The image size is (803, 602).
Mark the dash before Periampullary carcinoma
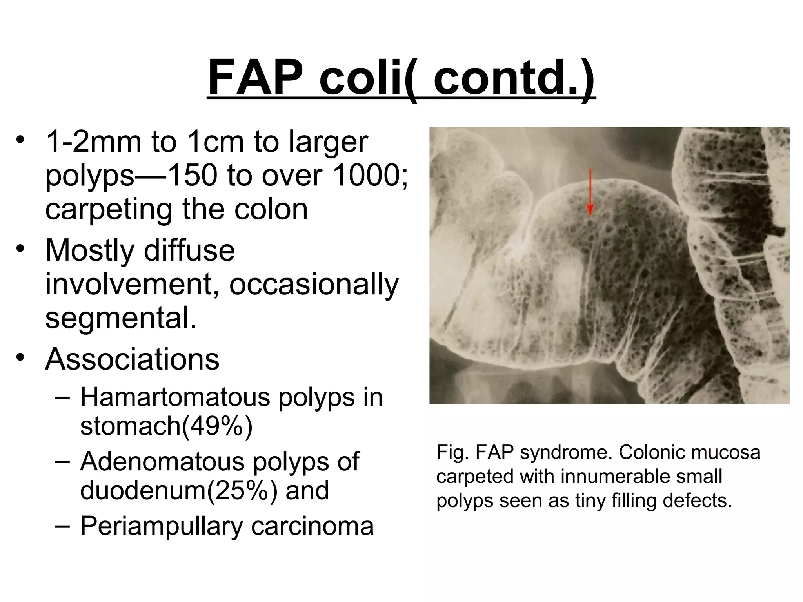[62, 525]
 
